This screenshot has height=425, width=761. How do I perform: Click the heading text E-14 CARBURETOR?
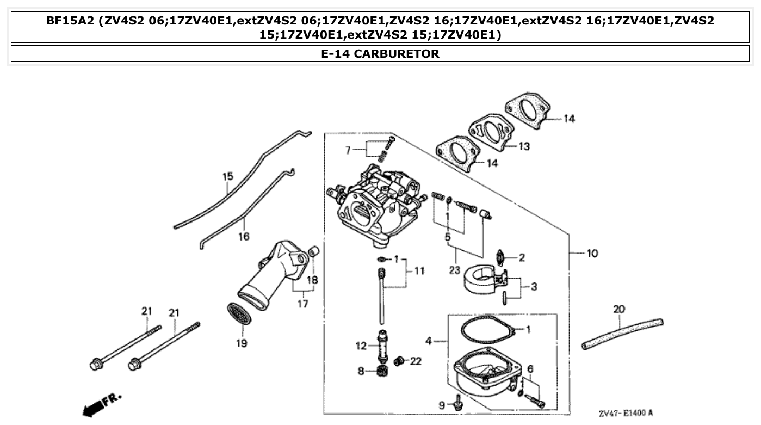click(x=380, y=53)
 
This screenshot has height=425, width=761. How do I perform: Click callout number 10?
click(x=592, y=253)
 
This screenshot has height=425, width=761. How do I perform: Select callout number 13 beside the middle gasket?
click(x=524, y=146)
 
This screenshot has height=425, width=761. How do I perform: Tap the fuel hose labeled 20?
click(x=622, y=333)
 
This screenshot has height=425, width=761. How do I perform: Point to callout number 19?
click(x=241, y=343)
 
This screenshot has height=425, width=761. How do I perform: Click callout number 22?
click(x=416, y=361)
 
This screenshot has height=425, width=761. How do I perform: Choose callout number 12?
click(x=361, y=345)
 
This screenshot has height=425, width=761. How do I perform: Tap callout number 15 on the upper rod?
click(x=227, y=176)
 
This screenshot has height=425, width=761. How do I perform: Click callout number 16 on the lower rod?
click(x=244, y=236)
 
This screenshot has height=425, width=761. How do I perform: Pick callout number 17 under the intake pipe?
click(x=302, y=303)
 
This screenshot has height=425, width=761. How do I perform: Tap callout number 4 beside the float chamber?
click(x=429, y=341)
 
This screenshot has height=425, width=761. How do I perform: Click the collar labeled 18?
click(x=313, y=252)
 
